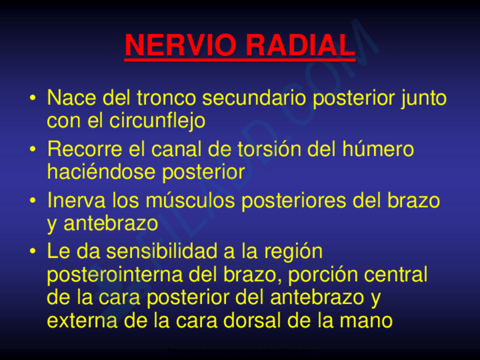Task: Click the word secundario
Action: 254,98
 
